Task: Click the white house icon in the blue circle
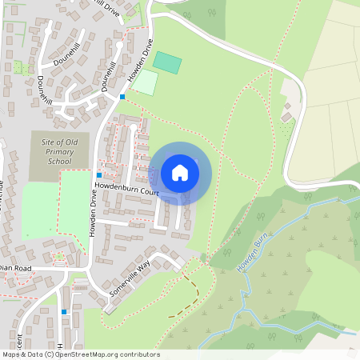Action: pos(180,173)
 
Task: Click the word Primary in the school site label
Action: pos(59,151)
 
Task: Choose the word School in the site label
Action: pos(59,161)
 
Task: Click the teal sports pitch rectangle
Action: pos(167,62)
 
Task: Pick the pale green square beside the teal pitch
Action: pos(145,82)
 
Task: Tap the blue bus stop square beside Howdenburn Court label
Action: pos(99,175)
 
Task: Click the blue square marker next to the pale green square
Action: pos(122,97)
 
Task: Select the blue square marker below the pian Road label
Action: pos(64,311)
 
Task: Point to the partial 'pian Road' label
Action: pos(16,268)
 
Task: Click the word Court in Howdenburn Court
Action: pos(149,192)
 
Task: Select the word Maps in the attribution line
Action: pos(12,354)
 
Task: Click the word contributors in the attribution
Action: pos(138,354)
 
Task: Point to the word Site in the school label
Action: pos(50,142)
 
